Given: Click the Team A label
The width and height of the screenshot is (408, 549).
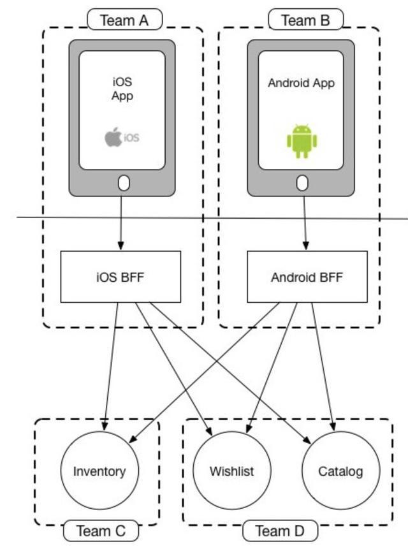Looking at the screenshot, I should coord(124,20).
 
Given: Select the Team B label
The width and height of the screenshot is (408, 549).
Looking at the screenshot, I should coord(305,20).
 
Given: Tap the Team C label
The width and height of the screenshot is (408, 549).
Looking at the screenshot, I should coord(101,531).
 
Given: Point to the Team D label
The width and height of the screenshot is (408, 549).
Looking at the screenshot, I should coord(280,531).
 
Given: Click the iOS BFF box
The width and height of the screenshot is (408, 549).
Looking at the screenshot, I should coord(120,277).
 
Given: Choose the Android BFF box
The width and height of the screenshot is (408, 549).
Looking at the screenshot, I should coord(307,277).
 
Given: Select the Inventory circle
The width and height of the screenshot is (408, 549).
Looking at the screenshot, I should coord(99,471).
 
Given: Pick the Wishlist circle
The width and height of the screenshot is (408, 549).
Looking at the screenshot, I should coord(232,471).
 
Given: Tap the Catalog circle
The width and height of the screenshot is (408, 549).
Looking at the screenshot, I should coord(340,471).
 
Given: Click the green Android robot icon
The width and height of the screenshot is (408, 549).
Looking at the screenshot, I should coord(302,141).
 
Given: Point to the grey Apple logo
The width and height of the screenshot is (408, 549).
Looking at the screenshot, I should coord(113,136).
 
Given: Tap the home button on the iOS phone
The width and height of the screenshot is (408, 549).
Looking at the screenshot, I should coord(124,184).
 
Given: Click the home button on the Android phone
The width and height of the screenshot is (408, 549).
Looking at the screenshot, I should coord(303,184).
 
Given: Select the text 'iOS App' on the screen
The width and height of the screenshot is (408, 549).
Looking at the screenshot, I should coord(122,89).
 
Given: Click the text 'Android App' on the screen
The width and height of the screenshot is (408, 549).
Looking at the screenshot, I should coord(301,83).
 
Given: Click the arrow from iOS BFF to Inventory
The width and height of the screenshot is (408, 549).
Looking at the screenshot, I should coord(111,363).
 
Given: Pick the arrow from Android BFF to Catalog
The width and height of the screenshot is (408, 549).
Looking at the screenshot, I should coord(322,363).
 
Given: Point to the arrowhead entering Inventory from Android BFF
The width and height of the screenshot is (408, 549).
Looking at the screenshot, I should coord(133,439).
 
